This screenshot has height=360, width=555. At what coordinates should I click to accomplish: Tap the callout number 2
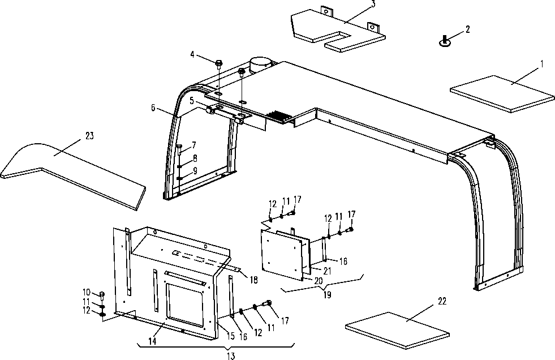point(467,29)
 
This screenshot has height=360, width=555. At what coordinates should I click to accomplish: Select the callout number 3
point(373,5)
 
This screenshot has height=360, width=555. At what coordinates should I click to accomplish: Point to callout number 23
point(90,135)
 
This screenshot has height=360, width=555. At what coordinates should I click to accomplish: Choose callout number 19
point(326,294)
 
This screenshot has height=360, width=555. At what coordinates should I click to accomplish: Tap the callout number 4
point(192,55)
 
